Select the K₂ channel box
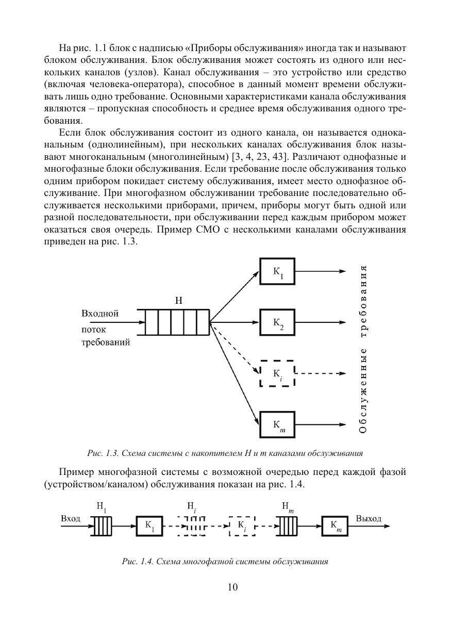click(277, 322)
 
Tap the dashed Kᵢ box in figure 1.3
click(277, 373)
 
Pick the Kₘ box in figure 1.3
click(277, 424)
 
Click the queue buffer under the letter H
click(177, 322)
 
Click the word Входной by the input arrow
click(101, 314)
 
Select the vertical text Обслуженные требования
click(363, 349)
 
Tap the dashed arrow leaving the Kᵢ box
click(320, 373)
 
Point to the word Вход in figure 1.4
click(71, 518)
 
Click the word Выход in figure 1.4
click(369, 518)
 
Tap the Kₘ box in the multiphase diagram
click(336, 527)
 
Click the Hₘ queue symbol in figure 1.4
click(289, 527)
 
